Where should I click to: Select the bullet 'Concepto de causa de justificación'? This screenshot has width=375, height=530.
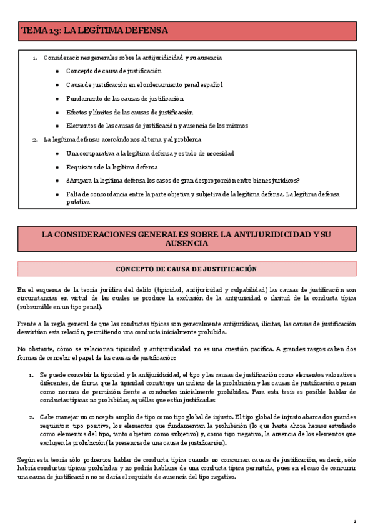tap(114, 71)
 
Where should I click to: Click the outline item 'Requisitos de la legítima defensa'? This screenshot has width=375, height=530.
tap(112, 167)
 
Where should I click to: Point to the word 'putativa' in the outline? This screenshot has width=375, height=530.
tap(78, 201)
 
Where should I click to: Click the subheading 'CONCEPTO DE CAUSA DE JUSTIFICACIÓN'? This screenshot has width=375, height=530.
tap(187, 269)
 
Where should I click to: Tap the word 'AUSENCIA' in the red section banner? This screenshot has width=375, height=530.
tap(187, 243)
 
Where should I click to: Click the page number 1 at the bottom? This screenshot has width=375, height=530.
tap(354, 521)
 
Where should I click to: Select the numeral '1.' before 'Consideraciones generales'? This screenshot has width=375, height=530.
tap(35, 57)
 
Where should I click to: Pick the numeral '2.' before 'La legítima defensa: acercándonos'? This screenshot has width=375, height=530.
tap(35, 140)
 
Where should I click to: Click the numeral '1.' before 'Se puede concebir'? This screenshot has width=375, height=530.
tap(31, 374)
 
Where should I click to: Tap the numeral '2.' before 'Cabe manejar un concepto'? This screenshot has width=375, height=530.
tap(31, 416)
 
